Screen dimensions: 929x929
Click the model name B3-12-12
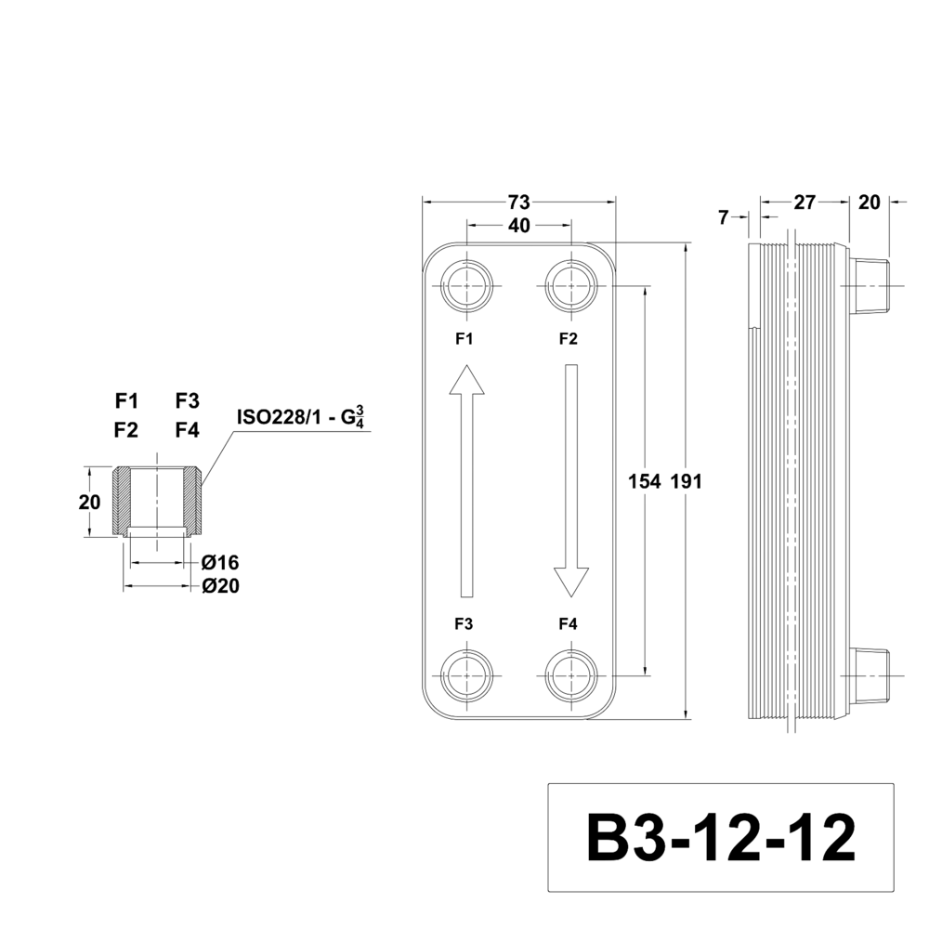click(720, 838)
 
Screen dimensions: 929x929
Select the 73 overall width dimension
click(519, 202)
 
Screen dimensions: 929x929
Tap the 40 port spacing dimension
click(519, 226)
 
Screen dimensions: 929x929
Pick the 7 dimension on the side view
click(724, 217)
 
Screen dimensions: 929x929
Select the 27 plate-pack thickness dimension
click(805, 202)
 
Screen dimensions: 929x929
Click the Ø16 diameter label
click(220, 563)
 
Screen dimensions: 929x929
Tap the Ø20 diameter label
click(220, 586)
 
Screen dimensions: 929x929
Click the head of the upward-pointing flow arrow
click(466, 381)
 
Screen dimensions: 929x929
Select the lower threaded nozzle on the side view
click(870, 674)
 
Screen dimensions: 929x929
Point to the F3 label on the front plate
click(464, 625)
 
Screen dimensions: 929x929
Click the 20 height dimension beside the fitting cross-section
click(89, 503)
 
